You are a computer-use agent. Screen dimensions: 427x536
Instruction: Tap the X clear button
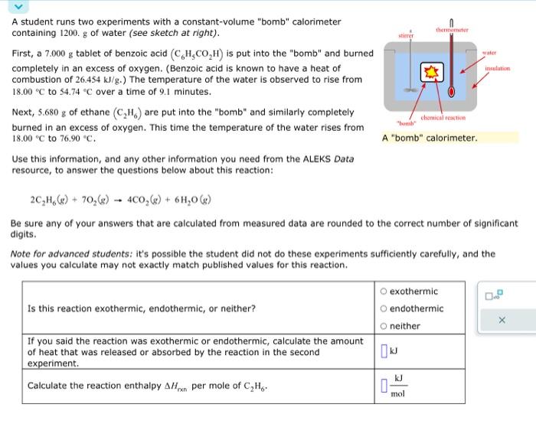502,321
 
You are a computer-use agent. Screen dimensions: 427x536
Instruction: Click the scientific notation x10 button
495,294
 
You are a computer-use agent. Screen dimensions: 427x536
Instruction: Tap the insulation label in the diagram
497,68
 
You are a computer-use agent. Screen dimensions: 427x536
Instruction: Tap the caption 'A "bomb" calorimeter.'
429,139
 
